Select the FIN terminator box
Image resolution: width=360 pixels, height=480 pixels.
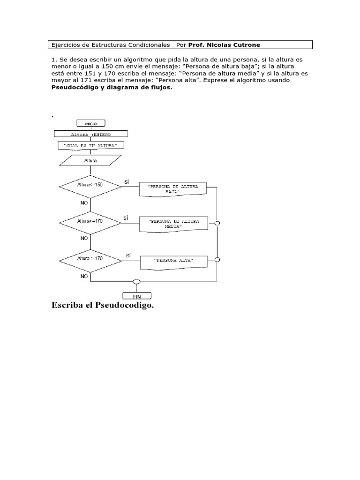click(x=137, y=296)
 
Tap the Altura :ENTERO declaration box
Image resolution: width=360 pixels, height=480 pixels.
click(x=91, y=135)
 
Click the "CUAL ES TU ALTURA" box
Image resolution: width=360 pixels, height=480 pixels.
click(x=90, y=146)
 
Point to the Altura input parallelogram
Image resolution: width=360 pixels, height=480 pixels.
click(x=90, y=160)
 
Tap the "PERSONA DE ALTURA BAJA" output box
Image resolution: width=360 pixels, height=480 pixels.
click(x=173, y=189)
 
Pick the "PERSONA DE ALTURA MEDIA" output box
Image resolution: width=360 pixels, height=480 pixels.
click(x=173, y=224)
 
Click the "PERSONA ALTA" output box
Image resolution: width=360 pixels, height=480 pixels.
click(x=173, y=261)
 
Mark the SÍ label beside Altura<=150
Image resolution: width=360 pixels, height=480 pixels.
click(x=127, y=181)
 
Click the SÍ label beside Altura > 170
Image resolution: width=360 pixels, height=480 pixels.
click(x=128, y=255)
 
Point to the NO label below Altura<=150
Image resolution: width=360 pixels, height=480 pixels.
click(x=84, y=204)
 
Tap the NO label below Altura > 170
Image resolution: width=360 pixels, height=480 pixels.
click(x=84, y=277)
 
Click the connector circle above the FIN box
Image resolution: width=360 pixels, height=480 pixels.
click(x=137, y=282)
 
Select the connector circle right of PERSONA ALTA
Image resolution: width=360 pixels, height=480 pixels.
click(x=217, y=259)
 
